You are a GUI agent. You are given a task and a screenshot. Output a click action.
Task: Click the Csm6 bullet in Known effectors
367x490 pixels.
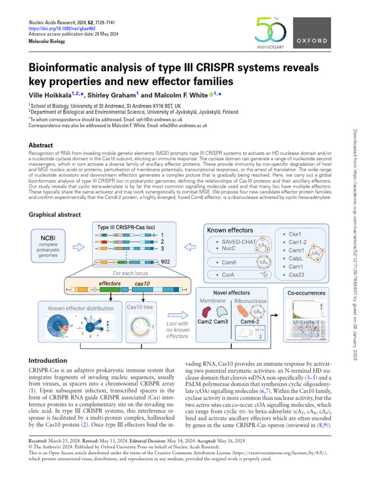(x=231, y=262)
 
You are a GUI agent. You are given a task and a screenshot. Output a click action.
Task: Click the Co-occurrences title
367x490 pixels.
(x=306, y=292)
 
